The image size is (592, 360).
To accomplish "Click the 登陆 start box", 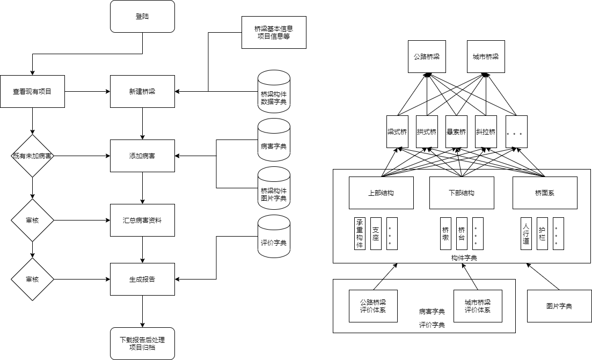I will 142,16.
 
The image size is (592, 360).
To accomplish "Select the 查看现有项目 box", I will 32,92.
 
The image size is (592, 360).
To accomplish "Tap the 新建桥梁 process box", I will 142,92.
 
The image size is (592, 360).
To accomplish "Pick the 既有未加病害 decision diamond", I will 33,156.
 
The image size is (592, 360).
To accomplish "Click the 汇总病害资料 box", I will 142,221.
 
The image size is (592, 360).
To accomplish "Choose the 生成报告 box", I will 142,279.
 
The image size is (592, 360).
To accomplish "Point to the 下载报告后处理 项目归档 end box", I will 142,343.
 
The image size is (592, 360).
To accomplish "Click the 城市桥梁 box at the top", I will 486,56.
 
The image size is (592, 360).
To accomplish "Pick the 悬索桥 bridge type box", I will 456,132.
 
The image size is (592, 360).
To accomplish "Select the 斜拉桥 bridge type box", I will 486,132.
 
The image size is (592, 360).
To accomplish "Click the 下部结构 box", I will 462,193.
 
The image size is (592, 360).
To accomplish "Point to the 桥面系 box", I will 545,193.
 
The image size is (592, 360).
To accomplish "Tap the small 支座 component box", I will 376,233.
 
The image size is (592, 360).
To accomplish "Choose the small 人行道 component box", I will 526,233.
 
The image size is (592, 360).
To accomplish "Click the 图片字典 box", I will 559,306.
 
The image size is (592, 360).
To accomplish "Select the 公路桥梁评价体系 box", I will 373,306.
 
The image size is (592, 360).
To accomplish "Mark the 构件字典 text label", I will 464,258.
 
